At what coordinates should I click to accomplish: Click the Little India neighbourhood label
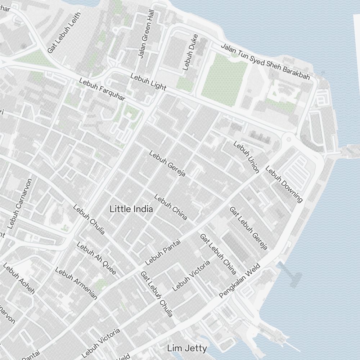point(131,209)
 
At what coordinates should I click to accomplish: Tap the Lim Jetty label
point(187,348)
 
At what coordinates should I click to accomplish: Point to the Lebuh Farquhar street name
point(102,90)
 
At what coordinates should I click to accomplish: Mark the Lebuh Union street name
point(246,157)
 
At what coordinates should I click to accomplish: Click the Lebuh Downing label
point(284,184)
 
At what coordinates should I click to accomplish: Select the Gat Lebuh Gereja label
point(248,228)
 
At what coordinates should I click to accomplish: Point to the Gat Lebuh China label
point(218,253)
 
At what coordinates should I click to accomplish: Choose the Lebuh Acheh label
point(19,278)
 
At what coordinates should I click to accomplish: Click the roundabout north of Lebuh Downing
point(288,139)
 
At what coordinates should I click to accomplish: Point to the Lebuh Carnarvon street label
point(20,204)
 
